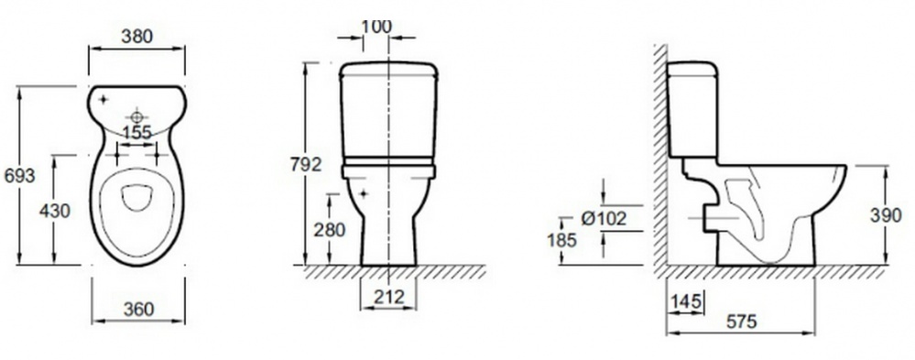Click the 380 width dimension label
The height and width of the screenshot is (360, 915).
tap(136, 36)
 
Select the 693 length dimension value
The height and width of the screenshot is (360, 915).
tap(20, 175)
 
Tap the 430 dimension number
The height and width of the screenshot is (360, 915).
tap(55, 211)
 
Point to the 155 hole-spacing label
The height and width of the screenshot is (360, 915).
tap(137, 133)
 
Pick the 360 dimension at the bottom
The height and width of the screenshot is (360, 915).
tap(138, 309)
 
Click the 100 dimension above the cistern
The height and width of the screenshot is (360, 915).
tap(376, 27)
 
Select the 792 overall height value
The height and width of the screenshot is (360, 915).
tap(306, 165)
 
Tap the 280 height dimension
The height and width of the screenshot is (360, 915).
tap(330, 230)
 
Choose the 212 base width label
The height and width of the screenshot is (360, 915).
tap(388, 297)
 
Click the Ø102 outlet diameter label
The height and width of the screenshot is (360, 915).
tap(604, 219)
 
